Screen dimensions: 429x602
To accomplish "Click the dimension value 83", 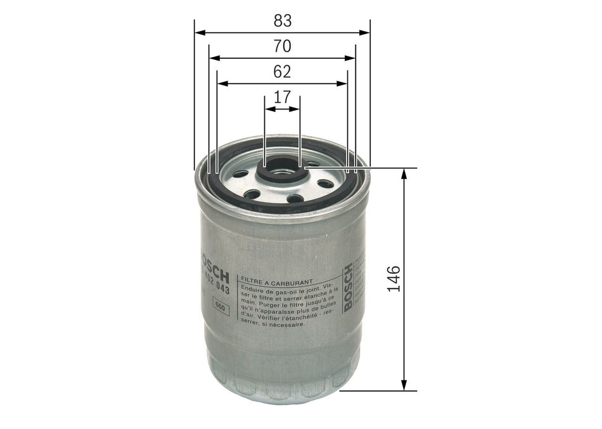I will coord(283,20).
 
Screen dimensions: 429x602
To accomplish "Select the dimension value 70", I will coord(283,46).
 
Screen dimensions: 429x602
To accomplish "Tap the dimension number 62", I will coord(282,72).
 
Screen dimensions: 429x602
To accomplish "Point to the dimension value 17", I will coord(282,97).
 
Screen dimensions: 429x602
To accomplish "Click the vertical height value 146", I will coord(394,279).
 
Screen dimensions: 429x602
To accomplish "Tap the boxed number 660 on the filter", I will coord(221,308).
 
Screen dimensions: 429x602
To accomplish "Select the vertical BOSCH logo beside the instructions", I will coord(347,287).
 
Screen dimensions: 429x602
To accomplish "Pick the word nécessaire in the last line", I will coord(288,323).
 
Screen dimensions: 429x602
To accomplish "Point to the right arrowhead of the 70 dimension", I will coord(351,58).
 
